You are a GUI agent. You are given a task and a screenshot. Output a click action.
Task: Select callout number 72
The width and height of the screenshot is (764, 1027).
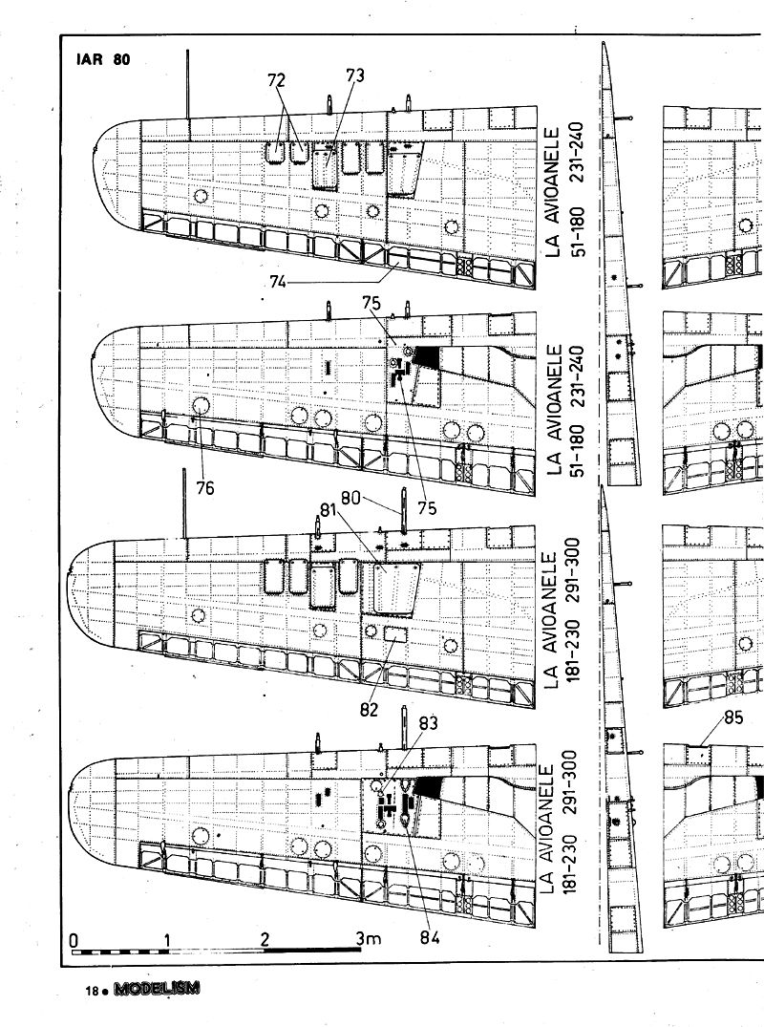pyautogui.click(x=277, y=80)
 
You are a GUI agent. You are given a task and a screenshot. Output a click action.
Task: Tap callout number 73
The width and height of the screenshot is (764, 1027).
pyautogui.click(x=354, y=76)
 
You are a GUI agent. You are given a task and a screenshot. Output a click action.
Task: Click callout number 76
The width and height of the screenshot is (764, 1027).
pyautogui.click(x=204, y=487)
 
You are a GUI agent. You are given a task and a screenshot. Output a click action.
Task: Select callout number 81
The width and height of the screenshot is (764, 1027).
pyautogui.click(x=329, y=509)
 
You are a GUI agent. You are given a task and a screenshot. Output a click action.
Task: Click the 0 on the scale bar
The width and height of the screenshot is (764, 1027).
pyautogui.click(x=74, y=938)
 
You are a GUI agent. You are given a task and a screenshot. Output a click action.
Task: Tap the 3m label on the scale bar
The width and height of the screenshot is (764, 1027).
pyautogui.click(x=368, y=938)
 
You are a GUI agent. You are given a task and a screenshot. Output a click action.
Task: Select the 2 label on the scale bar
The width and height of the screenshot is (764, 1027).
pyautogui.click(x=265, y=938)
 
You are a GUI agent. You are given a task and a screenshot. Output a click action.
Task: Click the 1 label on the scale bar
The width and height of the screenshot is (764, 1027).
pyautogui.click(x=168, y=938)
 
